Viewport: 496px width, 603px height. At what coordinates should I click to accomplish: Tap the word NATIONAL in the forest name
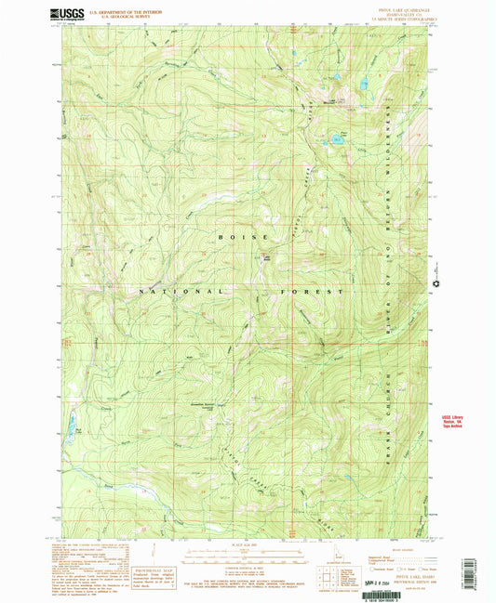tap(181, 291)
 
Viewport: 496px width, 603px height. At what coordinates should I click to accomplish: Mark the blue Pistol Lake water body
tap(332, 141)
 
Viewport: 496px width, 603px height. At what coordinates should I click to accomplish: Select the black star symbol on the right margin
tap(435, 284)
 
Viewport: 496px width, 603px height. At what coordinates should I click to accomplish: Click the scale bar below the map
tap(248, 554)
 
